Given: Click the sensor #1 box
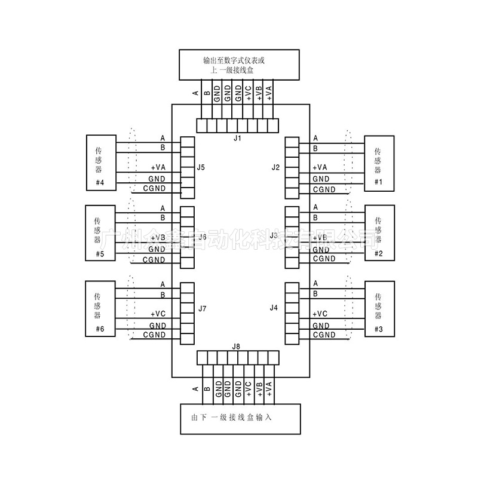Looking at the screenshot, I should tap(379, 163).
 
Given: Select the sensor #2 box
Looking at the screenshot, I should tap(379, 234).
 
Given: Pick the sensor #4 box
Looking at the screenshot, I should tap(101, 163).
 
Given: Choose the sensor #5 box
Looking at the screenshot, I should tap(101, 234).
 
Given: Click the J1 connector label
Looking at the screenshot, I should tap(237, 138).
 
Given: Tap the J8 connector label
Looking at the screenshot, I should tap(237, 347).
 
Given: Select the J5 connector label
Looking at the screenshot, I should tap(201, 167).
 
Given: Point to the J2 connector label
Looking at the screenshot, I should tap(275, 167).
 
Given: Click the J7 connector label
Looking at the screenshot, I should tap(203, 309).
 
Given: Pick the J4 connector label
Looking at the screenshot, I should tap(274, 308).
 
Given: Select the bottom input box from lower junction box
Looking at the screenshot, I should tap(240, 418).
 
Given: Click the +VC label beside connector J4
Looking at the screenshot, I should tap(320, 314).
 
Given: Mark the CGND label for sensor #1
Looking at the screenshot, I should tap(324, 190).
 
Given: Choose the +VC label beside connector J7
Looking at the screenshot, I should tap(158, 314).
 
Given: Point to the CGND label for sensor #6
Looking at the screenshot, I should tap(154, 336).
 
